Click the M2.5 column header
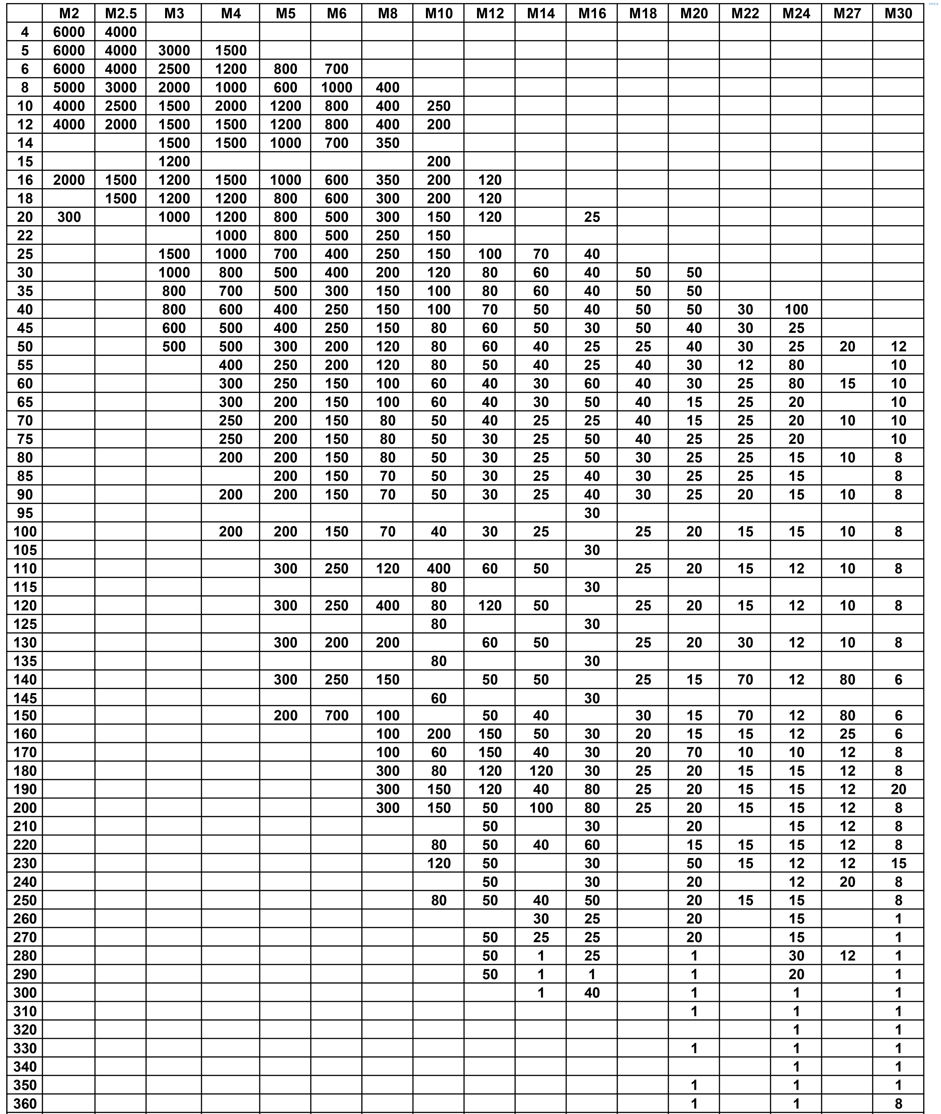coord(121,13)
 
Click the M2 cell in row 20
coord(69,217)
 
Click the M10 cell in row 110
coord(439,568)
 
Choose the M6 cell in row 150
coord(337,716)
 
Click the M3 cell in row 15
coord(174,162)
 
